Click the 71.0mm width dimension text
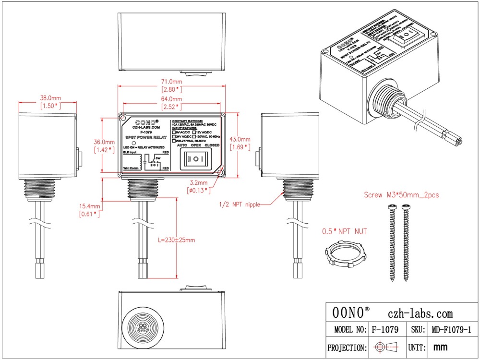tap(171, 82)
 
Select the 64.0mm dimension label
tap(171, 99)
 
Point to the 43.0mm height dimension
tap(240, 139)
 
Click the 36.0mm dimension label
tap(104, 143)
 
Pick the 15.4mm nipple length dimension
tap(90, 206)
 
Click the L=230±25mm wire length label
tap(176, 240)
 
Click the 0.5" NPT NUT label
tap(345, 231)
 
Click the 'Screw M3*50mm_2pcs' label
tap(401, 195)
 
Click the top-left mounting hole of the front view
tap(123, 118)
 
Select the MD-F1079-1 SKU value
tap(450, 330)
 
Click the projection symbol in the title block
tap(386, 347)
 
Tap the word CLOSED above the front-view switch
tap(214, 145)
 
